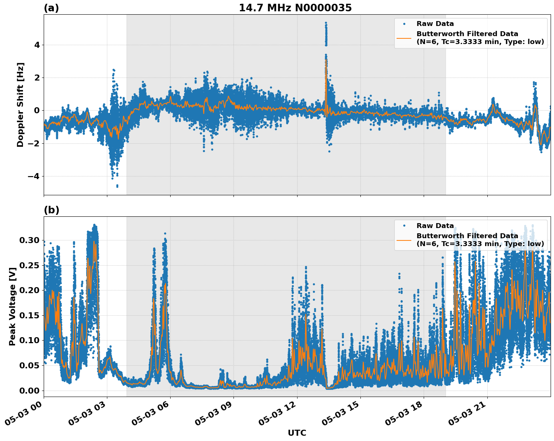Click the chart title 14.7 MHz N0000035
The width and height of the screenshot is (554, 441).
(x=295, y=8)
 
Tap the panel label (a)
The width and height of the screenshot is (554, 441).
(x=51, y=8)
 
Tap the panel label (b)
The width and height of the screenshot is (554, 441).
(x=51, y=210)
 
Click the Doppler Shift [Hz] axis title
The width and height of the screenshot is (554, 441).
(x=20, y=105)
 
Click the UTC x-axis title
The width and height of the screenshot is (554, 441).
(x=297, y=433)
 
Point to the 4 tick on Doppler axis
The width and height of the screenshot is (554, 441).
(x=37, y=45)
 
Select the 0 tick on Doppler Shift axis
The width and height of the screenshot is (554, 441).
(x=37, y=110)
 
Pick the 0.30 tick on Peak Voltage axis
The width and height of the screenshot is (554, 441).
(x=29, y=240)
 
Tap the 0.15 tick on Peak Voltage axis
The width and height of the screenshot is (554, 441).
(x=29, y=315)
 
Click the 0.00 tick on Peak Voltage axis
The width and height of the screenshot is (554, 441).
(x=29, y=391)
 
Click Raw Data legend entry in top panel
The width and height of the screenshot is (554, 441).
(x=435, y=24)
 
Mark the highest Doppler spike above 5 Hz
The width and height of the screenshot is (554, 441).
(x=326, y=23)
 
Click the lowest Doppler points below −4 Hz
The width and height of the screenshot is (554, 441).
(x=117, y=186)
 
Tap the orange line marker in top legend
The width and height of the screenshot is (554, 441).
(x=404, y=38)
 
